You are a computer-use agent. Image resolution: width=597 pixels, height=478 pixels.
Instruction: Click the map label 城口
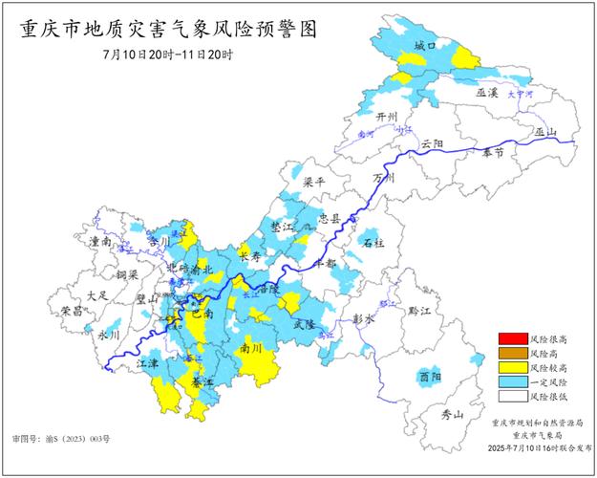tap(425, 45)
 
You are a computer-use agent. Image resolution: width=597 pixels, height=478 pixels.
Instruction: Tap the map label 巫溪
tap(487, 93)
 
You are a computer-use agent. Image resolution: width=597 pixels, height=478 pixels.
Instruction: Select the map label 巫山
tap(546, 132)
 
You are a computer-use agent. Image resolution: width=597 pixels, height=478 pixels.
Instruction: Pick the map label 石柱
tap(373, 244)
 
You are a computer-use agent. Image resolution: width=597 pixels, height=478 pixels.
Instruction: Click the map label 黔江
tap(420, 311)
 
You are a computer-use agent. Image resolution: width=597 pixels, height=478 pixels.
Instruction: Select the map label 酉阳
tap(430, 378)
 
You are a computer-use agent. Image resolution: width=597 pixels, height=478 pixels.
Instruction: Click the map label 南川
tap(251, 349)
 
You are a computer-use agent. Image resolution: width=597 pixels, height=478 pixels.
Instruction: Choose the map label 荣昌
tap(72, 311)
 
